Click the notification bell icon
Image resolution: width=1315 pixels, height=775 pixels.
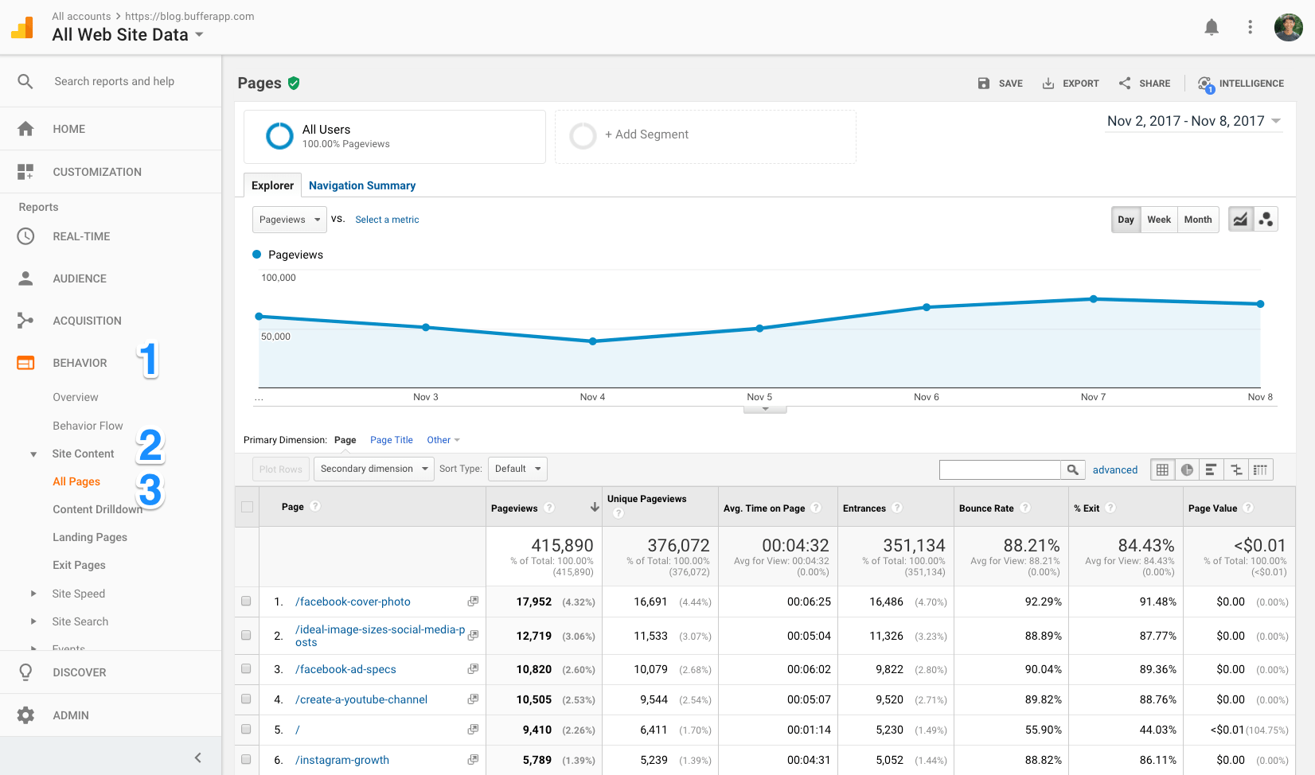click(x=1212, y=28)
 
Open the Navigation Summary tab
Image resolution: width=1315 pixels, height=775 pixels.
click(x=362, y=185)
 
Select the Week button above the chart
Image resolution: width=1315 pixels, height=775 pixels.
click(x=1158, y=220)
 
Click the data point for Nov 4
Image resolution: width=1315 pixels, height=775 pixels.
click(x=593, y=341)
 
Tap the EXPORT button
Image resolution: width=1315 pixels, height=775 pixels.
click(x=1071, y=84)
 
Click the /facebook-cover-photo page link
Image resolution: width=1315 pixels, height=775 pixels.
click(x=353, y=602)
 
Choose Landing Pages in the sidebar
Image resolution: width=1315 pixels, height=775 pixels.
click(x=90, y=537)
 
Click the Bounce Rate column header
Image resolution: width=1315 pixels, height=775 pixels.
click(x=986, y=508)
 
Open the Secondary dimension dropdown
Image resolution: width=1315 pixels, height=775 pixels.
click(x=373, y=469)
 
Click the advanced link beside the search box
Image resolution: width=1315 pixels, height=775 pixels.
click(x=1114, y=470)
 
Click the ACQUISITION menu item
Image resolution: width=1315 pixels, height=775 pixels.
click(x=87, y=321)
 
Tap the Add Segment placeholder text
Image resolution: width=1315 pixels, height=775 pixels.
click(x=646, y=134)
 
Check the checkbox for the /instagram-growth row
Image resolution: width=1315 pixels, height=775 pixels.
click(x=246, y=760)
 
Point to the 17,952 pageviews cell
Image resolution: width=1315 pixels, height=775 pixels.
click(x=534, y=602)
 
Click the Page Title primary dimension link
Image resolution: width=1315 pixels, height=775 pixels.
click(x=391, y=440)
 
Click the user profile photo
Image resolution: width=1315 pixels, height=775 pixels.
click(x=1288, y=28)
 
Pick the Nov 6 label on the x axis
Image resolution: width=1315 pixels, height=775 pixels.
click(x=926, y=397)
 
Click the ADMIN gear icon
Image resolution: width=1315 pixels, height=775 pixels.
click(x=25, y=715)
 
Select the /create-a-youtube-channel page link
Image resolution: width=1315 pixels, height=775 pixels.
click(x=361, y=699)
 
